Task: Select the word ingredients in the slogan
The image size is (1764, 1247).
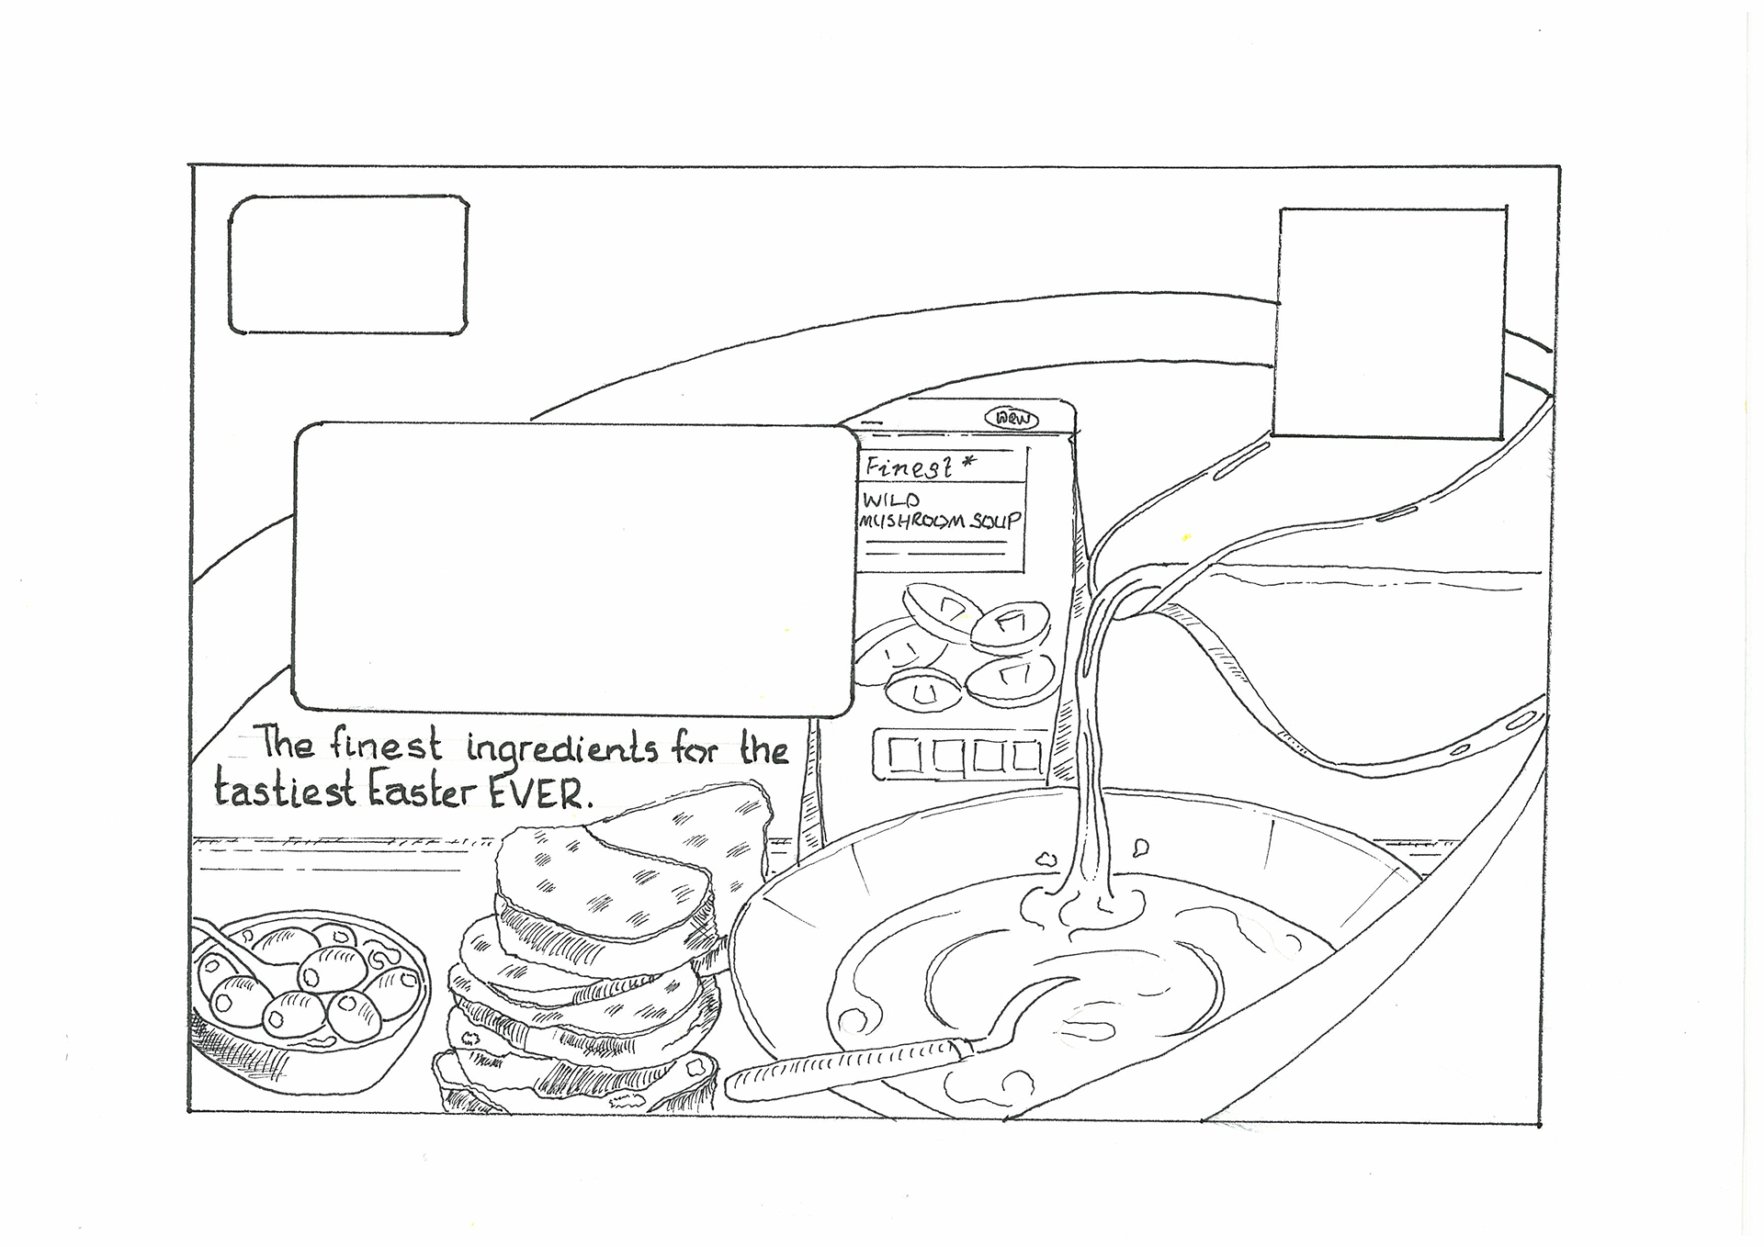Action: point(562,749)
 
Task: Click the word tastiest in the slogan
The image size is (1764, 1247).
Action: point(285,790)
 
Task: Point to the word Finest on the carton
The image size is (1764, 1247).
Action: point(908,468)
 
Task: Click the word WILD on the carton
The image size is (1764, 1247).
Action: point(890,501)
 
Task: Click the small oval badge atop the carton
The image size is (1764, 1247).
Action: point(1012,419)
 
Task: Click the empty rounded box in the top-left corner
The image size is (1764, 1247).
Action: point(348,264)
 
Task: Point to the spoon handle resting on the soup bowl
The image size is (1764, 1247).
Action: point(845,1065)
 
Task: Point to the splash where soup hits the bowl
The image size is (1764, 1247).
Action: point(1084,904)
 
